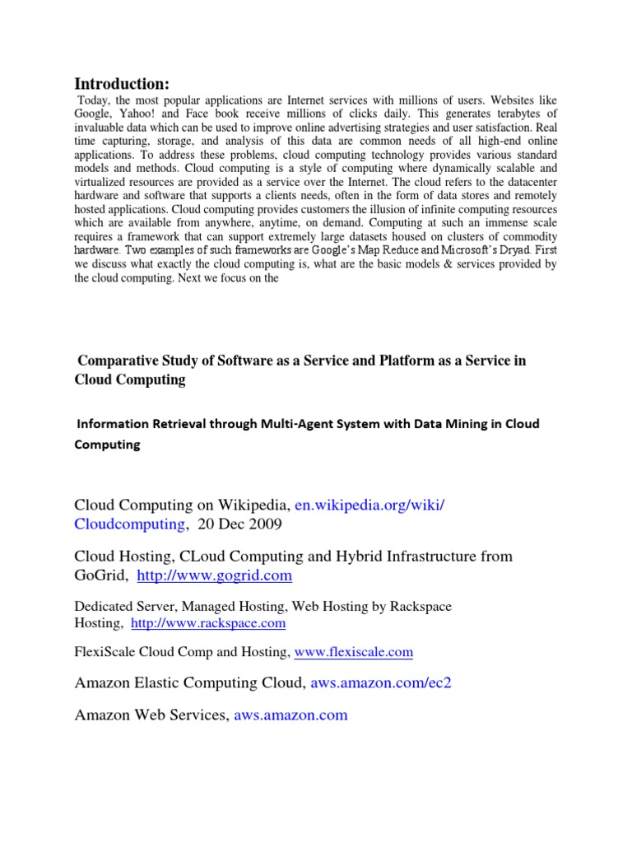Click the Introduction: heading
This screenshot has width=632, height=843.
tap(122, 83)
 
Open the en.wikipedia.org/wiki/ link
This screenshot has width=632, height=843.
tap(375, 505)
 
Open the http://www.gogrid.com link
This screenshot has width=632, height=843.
tap(214, 575)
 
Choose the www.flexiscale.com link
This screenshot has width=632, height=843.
tap(353, 652)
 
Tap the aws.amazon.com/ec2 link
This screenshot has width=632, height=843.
tap(379, 682)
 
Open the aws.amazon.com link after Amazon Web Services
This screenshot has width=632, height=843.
tap(290, 715)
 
